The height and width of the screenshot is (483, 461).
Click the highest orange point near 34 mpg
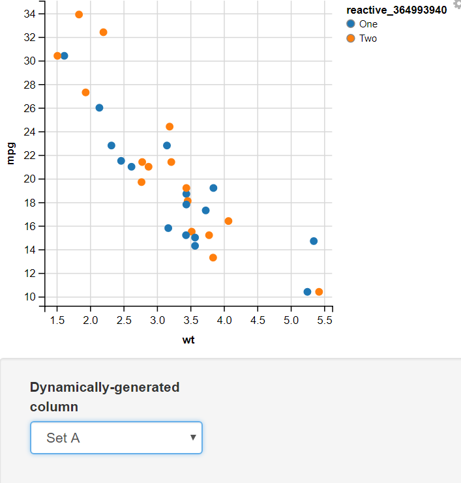point(79,14)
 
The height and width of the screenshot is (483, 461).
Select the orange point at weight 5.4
point(319,292)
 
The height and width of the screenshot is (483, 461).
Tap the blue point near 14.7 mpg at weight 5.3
point(314,241)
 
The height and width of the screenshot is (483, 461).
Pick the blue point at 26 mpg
point(99,108)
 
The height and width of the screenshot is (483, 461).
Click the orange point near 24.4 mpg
point(170,126)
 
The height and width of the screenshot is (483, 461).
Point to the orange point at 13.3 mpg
point(213,257)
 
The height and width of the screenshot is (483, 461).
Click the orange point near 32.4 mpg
point(103,32)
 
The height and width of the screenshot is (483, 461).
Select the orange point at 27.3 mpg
point(85,93)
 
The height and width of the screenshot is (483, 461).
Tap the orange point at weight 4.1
point(228,221)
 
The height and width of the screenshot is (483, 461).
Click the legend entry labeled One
point(368,24)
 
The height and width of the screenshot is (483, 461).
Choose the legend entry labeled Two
point(368,38)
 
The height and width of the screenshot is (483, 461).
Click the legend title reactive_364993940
point(396,10)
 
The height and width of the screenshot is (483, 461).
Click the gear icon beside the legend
point(456,5)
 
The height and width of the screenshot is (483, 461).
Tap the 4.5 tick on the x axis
point(258,320)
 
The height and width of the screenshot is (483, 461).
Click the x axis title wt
point(188,340)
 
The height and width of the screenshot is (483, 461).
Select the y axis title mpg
point(10,155)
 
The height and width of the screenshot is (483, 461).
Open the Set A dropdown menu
point(116,437)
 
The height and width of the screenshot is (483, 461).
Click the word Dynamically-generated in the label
point(104,387)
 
